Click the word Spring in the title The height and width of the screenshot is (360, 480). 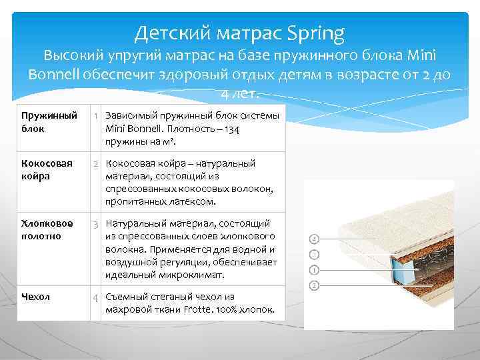(x=317, y=31)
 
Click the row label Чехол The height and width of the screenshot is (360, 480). (x=35, y=297)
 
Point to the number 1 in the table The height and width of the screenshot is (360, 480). (x=96, y=117)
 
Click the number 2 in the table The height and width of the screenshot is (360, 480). (x=96, y=164)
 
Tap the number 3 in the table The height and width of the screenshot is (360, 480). (x=96, y=224)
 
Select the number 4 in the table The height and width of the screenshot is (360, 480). (x=96, y=297)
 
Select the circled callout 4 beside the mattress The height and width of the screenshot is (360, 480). (x=315, y=239)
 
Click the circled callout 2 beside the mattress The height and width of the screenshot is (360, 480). (x=315, y=286)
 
